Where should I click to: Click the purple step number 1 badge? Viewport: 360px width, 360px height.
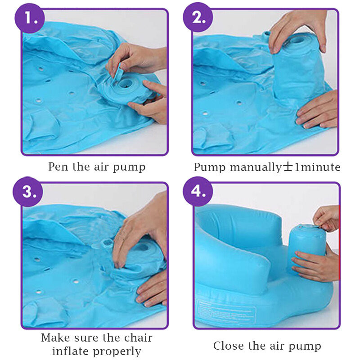(x=30, y=18)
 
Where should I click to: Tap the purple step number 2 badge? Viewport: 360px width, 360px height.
(x=198, y=17)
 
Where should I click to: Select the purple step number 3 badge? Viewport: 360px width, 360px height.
(x=28, y=192)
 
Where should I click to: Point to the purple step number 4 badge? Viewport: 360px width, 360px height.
(x=198, y=191)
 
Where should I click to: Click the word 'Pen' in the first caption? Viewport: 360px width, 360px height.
(x=58, y=166)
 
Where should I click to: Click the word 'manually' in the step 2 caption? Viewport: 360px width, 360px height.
(x=256, y=167)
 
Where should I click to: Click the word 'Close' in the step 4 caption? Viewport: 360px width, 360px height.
(x=228, y=346)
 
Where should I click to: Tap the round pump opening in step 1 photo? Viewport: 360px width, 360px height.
(x=126, y=83)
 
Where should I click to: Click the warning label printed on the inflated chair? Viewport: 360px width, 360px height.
(x=226, y=311)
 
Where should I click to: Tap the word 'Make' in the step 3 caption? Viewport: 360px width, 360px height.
(x=55, y=337)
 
